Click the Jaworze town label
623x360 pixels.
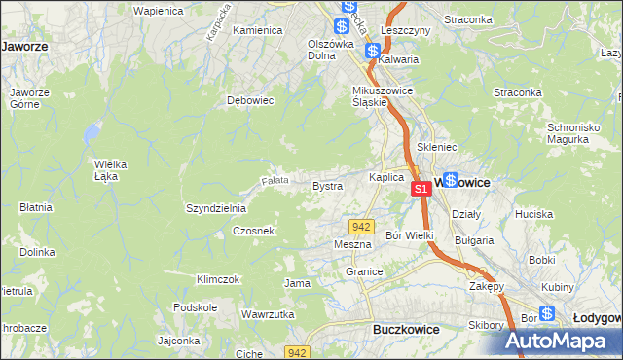pyautogui.click(x=25, y=46)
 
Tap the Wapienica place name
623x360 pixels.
pyautogui.click(x=131, y=11)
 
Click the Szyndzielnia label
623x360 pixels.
pyautogui.click(x=216, y=208)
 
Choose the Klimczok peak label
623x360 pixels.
pyautogui.click(x=217, y=279)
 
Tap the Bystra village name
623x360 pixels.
pyautogui.click(x=327, y=185)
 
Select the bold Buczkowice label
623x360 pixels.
pyautogui.click(x=406, y=330)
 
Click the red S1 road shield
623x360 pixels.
pyautogui.click(x=421, y=189)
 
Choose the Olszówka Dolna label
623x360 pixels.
pyautogui.click(x=330, y=49)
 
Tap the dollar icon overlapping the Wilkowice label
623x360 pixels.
pyautogui.click(x=451, y=180)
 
